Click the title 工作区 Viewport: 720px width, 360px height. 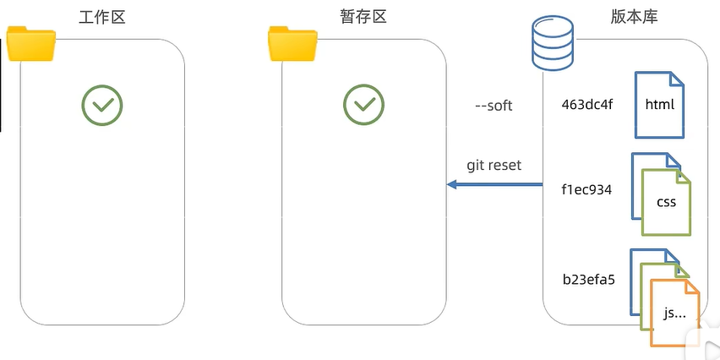tap(101, 17)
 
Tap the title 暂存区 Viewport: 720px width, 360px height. tap(363, 17)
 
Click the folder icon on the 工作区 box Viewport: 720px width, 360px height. tap(31, 44)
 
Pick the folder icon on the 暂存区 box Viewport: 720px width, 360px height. tap(292, 44)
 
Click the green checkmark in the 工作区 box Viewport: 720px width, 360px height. tap(102, 105)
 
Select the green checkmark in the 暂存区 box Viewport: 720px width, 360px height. tap(364, 105)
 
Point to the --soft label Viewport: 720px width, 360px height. tap(494, 106)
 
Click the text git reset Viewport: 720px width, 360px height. tap(494, 165)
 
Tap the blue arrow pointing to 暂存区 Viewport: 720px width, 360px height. tap(494, 184)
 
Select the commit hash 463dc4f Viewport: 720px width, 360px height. tap(586, 106)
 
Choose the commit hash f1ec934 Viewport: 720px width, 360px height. tap(586, 189)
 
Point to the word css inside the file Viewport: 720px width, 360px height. tap(667, 203)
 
